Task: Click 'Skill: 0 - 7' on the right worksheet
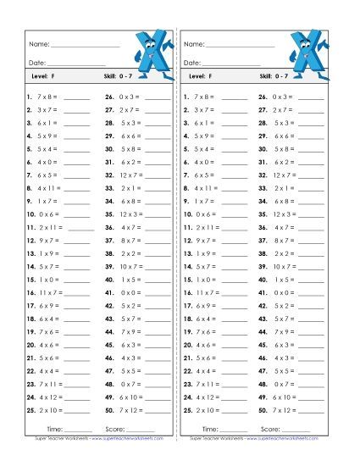tap(279, 78)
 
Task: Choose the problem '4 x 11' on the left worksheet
tap(49, 188)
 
